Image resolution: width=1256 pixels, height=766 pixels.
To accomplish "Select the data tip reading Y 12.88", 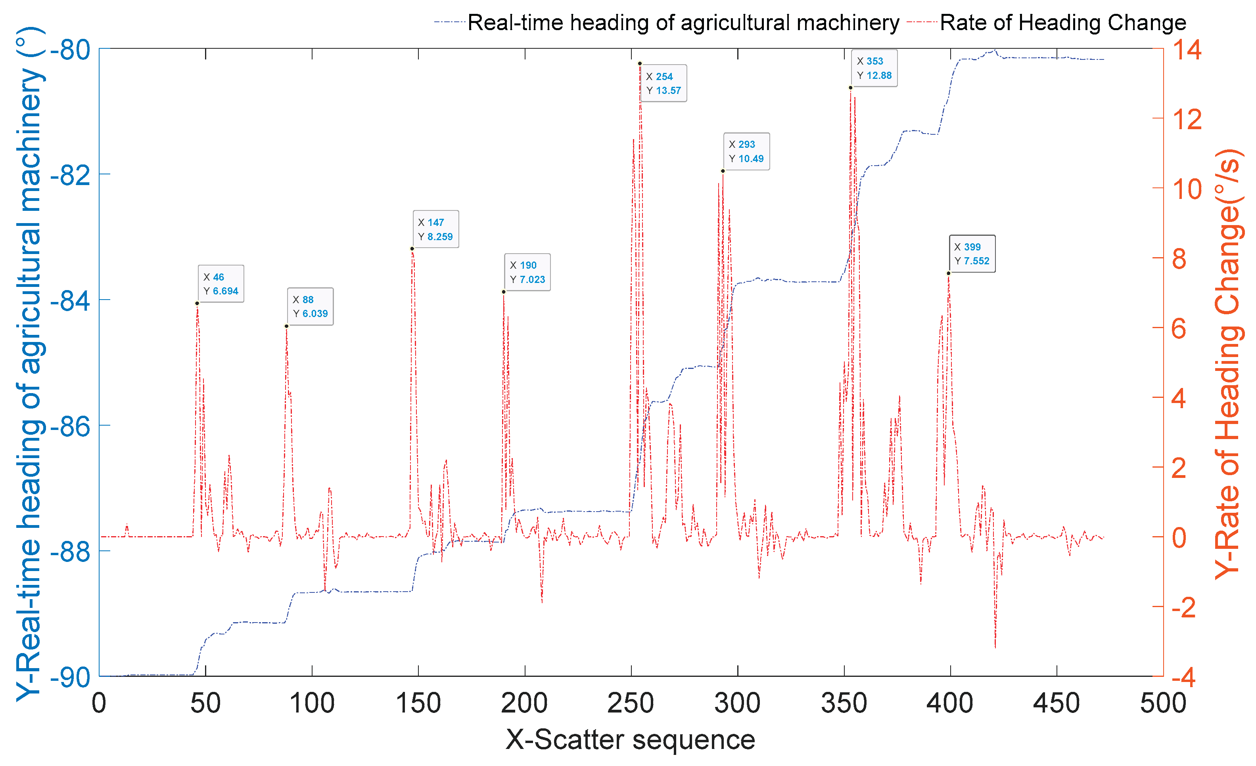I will [x=874, y=68].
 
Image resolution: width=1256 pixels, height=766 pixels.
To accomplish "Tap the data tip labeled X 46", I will [x=221, y=284].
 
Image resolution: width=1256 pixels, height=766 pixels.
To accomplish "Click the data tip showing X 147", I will [x=435, y=229].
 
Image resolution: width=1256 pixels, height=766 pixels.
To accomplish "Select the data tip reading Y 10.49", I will [x=746, y=151].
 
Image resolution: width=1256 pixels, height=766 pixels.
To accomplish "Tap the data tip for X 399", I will [x=972, y=254].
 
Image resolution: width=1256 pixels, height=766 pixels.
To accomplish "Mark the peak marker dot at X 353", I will [x=851, y=88].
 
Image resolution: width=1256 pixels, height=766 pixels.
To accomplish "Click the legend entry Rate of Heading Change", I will [x=1063, y=23].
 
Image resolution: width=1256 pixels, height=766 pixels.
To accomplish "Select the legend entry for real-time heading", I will [x=683, y=23].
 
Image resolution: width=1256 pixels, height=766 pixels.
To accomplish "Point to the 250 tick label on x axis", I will [x=631, y=703].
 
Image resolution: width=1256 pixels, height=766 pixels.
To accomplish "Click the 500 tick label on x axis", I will [x=1163, y=703].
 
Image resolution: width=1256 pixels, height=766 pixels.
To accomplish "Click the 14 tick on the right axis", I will [x=1187, y=50].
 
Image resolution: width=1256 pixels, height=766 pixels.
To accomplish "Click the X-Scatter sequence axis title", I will [x=630, y=739].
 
